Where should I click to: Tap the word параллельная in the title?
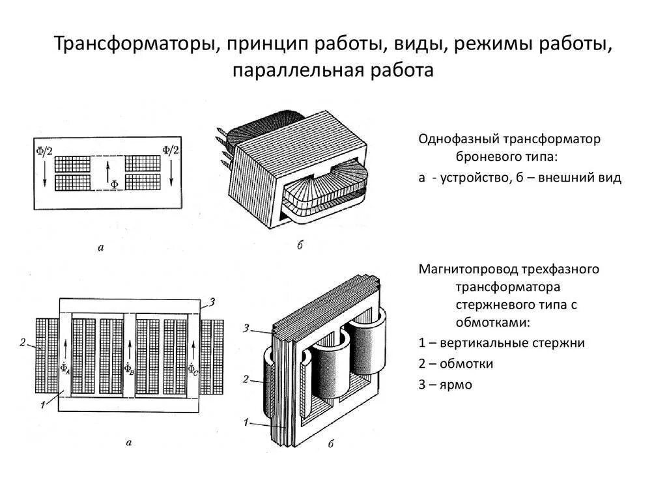294,70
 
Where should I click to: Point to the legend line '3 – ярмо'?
445,385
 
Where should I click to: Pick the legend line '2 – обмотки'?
455,364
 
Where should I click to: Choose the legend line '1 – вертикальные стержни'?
502,343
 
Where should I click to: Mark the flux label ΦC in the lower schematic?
193,369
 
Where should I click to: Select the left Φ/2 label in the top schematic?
45,151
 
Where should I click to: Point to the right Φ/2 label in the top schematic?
171,151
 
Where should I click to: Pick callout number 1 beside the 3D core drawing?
247,422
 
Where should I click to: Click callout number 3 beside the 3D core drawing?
246,327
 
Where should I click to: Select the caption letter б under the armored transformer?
300,245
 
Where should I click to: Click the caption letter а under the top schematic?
101,247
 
